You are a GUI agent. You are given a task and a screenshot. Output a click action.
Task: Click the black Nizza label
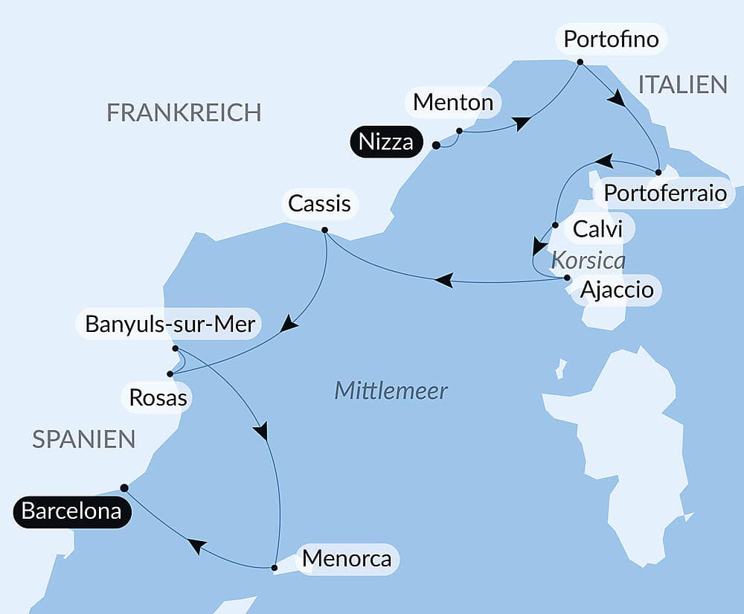(x=385, y=141)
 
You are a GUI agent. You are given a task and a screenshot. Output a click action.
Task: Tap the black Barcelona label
(x=71, y=512)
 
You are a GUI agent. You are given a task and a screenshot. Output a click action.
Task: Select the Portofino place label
(x=611, y=39)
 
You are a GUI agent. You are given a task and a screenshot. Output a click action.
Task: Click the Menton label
(x=453, y=102)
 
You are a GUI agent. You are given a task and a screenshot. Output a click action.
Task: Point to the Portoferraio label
(x=664, y=193)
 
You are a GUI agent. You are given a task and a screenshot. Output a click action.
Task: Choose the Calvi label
(x=598, y=229)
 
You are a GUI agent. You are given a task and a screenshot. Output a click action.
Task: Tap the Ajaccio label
(x=617, y=289)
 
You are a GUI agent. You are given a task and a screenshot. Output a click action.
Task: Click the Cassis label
(x=320, y=203)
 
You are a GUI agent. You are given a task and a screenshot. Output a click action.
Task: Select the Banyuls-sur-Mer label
(x=170, y=324)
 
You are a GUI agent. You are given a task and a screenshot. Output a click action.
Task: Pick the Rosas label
(x=158, y=397)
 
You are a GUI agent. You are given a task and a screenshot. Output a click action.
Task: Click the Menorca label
(x=347, y=558)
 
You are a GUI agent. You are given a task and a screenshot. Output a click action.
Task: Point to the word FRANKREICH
(x=184, y=112)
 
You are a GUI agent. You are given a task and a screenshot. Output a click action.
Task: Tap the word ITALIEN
(x=682, y=84)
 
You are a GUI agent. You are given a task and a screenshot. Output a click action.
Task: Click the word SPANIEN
(x=83, y=439)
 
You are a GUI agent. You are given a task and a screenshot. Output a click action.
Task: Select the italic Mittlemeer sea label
(x=391, y=390)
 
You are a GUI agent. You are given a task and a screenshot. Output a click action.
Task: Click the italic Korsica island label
(x=588, y=261)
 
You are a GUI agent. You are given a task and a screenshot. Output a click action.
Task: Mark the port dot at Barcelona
(x=124, y=487)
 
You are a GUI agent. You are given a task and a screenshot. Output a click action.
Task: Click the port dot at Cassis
(x=325, y=230)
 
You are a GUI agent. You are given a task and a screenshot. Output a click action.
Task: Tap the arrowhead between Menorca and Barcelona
(x=196, y=546)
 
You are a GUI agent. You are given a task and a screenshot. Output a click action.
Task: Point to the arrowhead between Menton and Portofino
(x=522, y=124)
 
